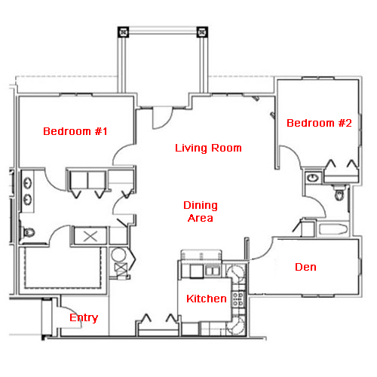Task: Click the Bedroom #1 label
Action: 75,131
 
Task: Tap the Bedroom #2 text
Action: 319,123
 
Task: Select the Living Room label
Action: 208,148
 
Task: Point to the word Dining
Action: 201,206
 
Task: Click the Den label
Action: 305,267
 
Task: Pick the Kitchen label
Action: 207,299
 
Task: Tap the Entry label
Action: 84,318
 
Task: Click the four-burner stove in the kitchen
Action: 238,299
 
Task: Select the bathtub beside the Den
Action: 333,229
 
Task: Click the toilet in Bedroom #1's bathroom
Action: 29,232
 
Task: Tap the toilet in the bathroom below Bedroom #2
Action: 339,194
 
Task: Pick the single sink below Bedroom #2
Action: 313,178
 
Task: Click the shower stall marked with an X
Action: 90,236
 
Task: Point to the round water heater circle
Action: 118,256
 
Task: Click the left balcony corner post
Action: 123,32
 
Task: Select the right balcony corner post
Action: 202,32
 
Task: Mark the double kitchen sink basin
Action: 213,271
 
